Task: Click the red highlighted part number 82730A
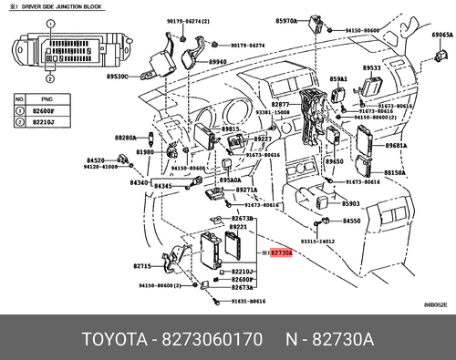click(281, 249)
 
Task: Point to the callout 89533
click(371, 68)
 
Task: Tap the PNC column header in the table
click(49, 96)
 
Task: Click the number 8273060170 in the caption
click(212, 340)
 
